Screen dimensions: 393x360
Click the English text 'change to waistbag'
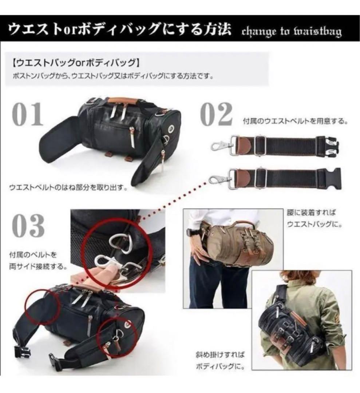coord(292,32)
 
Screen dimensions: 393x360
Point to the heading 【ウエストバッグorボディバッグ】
coord(75,63)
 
